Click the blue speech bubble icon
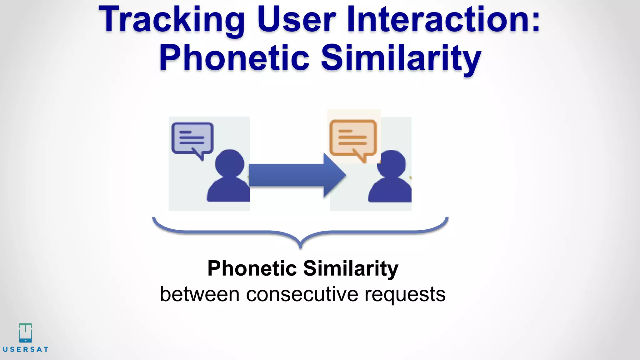192,138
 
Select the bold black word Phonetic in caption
252,268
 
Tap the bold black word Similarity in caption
351,268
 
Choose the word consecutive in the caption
302,294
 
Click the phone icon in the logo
25,333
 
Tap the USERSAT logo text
26,349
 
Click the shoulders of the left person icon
228,191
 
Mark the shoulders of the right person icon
390,191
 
